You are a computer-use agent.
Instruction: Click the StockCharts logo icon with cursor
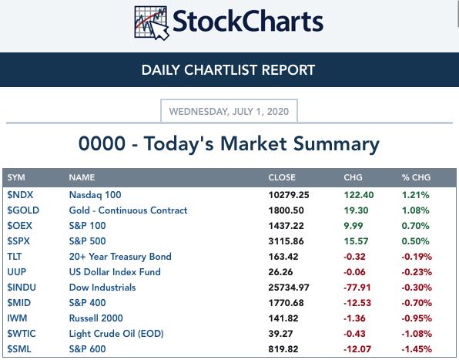152,23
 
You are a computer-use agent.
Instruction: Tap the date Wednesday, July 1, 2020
229,112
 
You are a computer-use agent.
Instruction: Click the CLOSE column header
282,177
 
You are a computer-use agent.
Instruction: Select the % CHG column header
416,177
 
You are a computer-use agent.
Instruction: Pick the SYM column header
16,177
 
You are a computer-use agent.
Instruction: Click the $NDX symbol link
20,195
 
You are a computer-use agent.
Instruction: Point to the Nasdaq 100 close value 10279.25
289,195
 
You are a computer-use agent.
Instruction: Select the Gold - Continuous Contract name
128,210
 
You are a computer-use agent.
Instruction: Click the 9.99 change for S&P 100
353,226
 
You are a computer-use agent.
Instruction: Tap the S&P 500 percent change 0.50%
415,241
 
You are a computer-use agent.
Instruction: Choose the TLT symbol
15,257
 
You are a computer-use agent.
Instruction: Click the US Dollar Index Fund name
115,272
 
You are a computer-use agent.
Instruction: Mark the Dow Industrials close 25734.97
289,288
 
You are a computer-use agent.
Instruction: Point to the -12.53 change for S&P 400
357,303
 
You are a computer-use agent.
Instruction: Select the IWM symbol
17,318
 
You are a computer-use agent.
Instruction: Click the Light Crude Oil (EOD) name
116,334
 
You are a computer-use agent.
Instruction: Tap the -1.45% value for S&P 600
417,349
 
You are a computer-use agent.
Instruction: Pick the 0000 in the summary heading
102,143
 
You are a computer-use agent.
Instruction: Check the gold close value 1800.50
286,210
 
